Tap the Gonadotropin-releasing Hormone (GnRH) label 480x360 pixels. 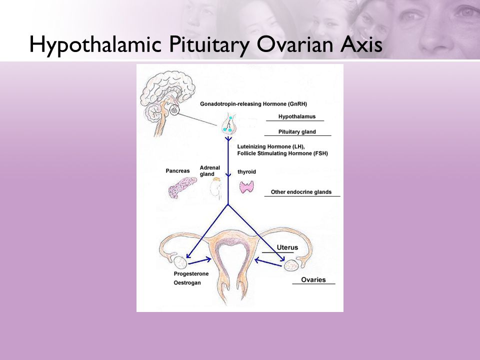click(x=253, y=104)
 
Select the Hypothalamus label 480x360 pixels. click(x=297, y=116)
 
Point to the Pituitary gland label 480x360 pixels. click(x=297, y=132)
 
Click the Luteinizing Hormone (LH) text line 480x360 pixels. click(x=271, y=146)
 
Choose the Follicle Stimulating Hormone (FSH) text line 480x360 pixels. click(x=282, y=153)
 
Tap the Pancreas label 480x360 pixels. click(x=177, y=171)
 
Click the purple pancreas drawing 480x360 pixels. click(x=182, y=187)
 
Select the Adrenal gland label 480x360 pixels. click(x=209, y=171)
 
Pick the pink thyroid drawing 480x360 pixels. click(x=246, y=187)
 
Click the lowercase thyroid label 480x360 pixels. click(x=246, y=171)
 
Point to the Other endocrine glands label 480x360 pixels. click(x=301, y=192)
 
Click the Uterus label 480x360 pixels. click(x=287, y=247)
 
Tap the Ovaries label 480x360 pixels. click(x=313, y=280)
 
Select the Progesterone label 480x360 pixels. click(x=191, y=274)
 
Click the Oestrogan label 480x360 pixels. click(x=187, y=283)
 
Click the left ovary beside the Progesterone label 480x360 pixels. click(x=180, y=262)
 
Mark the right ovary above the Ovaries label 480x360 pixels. click(x=291, y=265)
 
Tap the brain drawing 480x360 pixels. click(x=167, y=96)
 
